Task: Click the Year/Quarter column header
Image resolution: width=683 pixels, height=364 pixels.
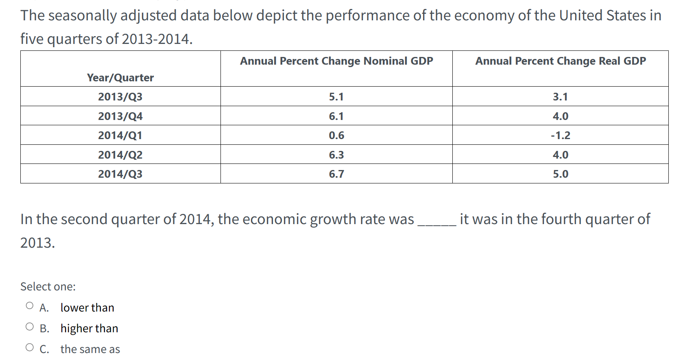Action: tap(120, 78)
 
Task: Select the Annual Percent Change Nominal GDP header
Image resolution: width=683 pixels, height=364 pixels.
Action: tap(336, 61)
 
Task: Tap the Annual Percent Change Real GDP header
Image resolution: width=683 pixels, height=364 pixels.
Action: tap(560, 61)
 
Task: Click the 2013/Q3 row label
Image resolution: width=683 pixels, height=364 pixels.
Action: tap(120, 97)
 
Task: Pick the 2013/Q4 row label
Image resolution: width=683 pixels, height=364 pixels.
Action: tap(120, 116)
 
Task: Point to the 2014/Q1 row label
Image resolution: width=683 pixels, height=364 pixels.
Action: tap(120, 135)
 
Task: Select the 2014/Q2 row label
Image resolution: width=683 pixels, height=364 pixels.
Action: tap(120, 155)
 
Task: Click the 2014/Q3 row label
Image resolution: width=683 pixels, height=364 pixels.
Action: tap(120, 174)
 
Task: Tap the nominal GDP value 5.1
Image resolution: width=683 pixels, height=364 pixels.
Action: tap(336, 97)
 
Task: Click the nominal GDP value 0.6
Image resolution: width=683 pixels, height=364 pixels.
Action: tap(336, 135)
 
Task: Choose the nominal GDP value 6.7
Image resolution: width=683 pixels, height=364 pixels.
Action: tap(336, 174)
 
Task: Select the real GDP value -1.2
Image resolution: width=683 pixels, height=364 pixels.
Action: tap(560, 135)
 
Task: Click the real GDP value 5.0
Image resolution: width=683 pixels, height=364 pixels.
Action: tap(560, 174)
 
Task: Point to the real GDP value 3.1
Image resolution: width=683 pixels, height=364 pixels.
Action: tap(560, 97)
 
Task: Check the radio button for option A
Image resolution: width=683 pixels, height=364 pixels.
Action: tap(30, 306)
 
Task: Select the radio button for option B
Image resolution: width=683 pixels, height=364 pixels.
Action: tap(30, 327)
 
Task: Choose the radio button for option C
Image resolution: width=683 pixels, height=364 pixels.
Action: tap(30, 347)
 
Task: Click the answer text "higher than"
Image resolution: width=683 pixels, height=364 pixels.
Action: tap(89, 328)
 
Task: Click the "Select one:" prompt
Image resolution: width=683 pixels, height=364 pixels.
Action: tap(48, 287)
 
